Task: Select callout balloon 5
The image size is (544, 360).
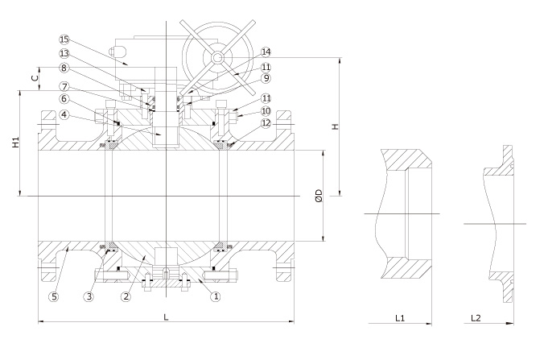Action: coord(54,296)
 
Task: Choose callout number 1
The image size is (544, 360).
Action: coord(215,296)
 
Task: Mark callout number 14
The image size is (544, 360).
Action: coord(266,52)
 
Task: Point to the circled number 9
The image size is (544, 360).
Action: coord(266,78)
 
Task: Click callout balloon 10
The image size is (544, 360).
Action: coord(266,110)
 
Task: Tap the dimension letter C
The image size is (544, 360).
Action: coord(33,78)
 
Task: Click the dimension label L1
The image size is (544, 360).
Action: coord(399,319)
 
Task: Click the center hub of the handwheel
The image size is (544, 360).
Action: coord(216,58)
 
